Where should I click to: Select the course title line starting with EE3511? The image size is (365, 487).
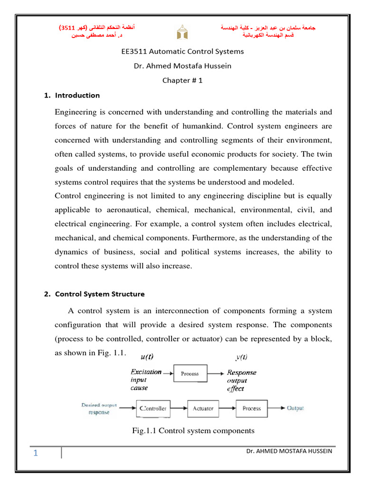[x=182, y=51]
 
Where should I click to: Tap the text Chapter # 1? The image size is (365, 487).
[x=182, y=80]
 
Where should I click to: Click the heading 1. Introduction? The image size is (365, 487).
[x=72, y=95]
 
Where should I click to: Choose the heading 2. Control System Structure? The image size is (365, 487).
[x=94, y=294]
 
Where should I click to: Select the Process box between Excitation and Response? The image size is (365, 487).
[x=190, y=374]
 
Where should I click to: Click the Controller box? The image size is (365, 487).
[x=152, y=409]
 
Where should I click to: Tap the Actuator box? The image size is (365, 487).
[x=203, y=409]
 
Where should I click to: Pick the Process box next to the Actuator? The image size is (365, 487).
[x=251, y=409]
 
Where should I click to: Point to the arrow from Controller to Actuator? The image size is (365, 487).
[x=178, y=409]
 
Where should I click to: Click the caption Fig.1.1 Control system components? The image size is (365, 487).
[x=193, y=431]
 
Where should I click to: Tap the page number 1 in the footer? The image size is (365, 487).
[x=36, y=453]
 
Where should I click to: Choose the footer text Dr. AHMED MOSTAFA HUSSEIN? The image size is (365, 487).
[x=289, y=451]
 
